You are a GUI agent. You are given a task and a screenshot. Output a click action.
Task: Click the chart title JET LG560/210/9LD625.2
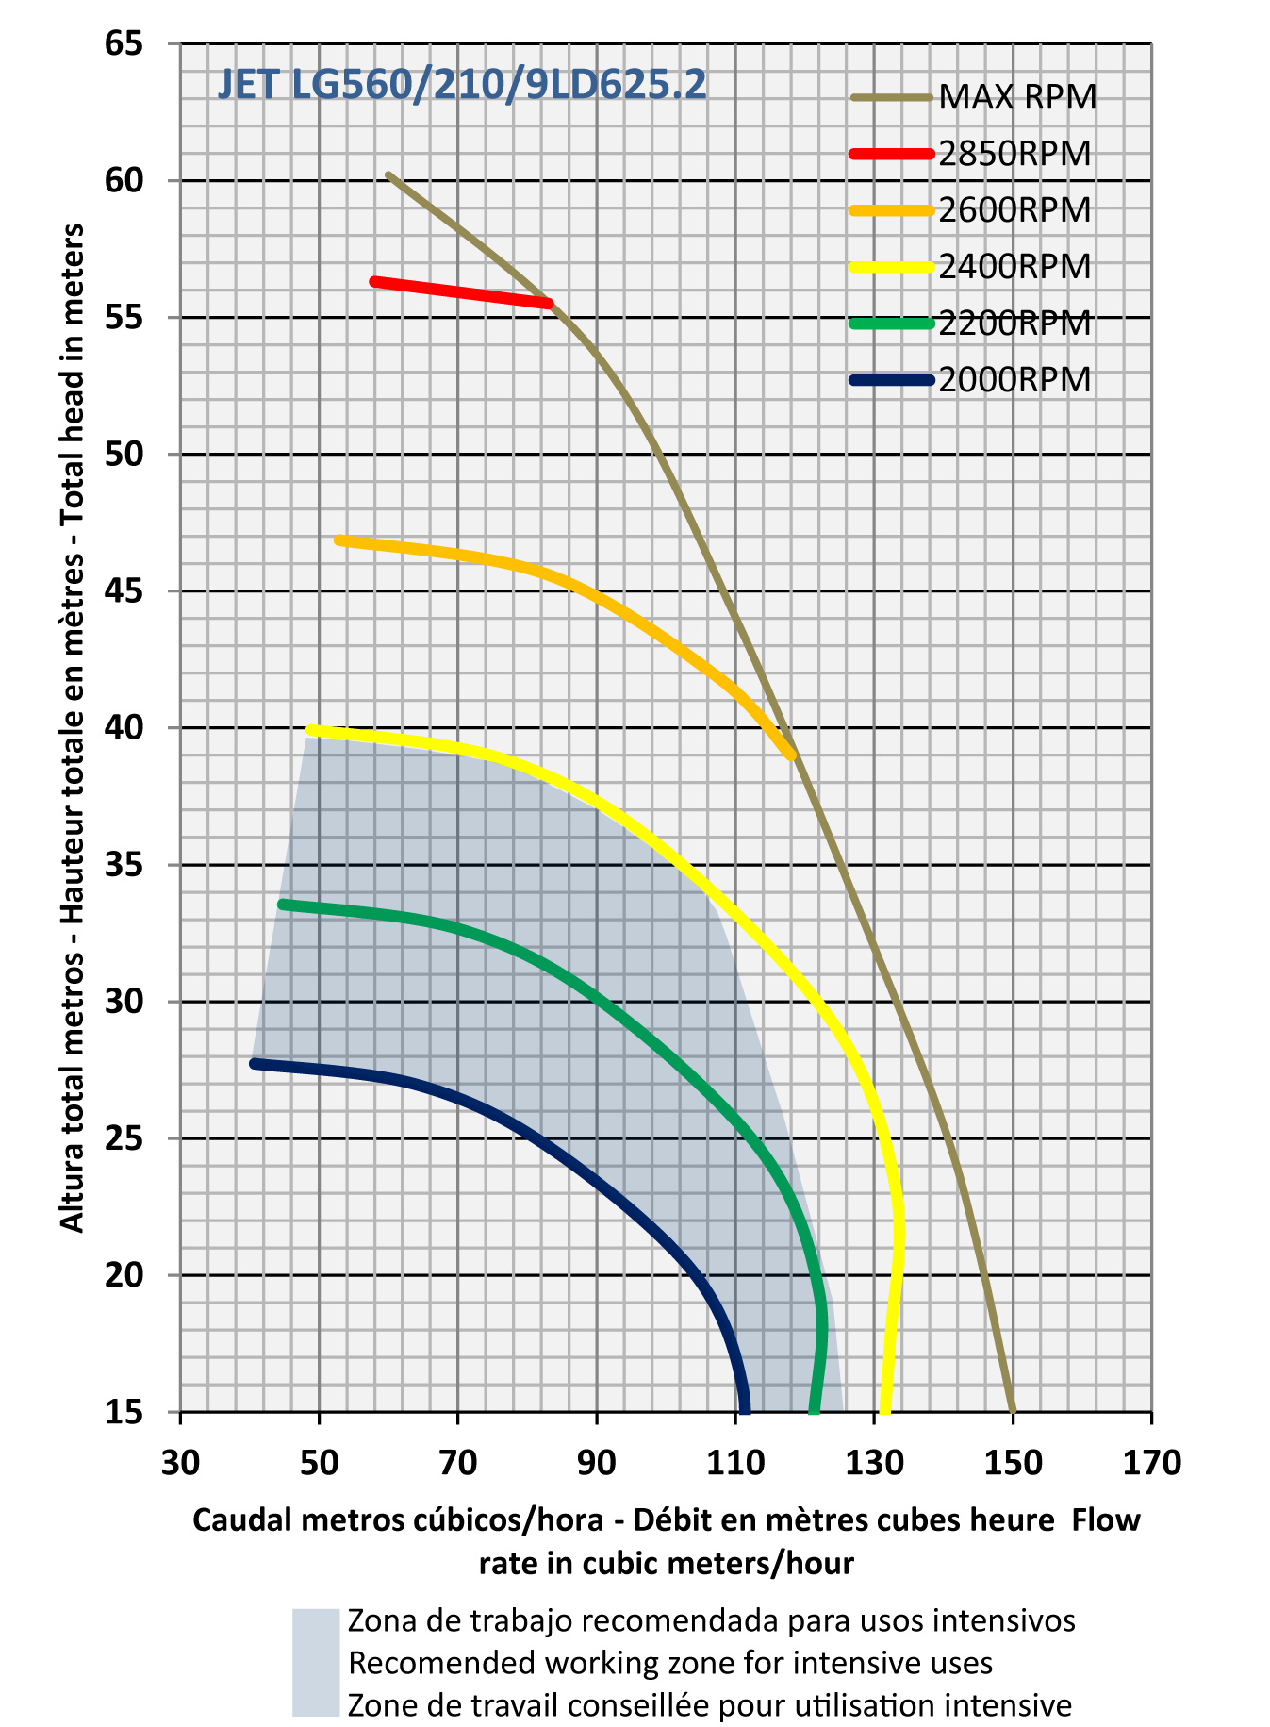462,86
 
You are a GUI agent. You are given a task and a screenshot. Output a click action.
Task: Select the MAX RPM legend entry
1017,97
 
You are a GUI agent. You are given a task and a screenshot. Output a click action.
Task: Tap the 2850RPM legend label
1014,154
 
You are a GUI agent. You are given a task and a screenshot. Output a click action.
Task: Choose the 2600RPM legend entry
1014,210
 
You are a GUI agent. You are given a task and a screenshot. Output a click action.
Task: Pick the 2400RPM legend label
1014,267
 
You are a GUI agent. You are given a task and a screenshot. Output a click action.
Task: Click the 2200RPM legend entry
1014,324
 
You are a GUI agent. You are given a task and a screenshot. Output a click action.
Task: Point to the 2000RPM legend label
1014,380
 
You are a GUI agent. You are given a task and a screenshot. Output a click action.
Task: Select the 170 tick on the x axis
1151,1463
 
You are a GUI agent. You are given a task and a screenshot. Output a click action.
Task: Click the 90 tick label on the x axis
596,1463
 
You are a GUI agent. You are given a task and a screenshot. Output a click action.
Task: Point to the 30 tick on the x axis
180,1463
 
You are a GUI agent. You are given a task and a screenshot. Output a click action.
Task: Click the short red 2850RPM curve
462,292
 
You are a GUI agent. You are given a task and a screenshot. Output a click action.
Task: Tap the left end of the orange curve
339,540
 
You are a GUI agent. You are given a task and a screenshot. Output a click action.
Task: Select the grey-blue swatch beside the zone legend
315,1662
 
